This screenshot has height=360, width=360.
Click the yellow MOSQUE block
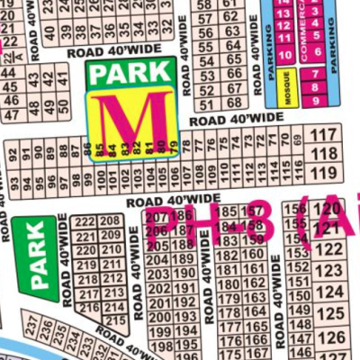click(x=287, y=95)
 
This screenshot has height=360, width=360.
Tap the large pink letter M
click(x=131, y=118)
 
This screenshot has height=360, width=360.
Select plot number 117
click(x=323, y=134)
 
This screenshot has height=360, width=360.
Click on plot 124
click(x=331, y=292)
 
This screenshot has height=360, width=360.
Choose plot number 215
click(x=113, y=319)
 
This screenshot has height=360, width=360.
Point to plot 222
click(x=85, y=221)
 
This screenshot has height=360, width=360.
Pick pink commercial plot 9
click(x=315, y=102)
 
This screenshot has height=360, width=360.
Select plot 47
click(x=11, y=115)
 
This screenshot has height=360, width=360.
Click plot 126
click(x=331, y=337)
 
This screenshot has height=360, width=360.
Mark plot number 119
click(x=323, y=171)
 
